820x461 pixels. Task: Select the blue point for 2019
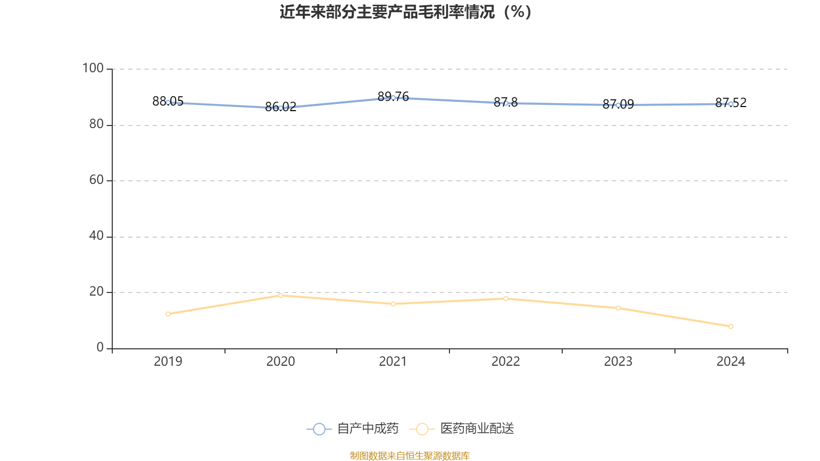pos(168,102)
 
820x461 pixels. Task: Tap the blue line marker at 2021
pos(393,97)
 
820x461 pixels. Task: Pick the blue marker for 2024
pos(731,104)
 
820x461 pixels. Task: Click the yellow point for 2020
pos(280,295)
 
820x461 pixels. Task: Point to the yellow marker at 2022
pos(506,299)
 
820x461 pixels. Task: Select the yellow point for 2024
pos(731,326)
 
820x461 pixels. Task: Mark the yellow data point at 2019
pos(168,314)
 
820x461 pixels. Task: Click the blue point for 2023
pos(618,105)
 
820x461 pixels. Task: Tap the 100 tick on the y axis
pos(93,68)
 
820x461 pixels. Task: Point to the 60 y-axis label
pos(96,180)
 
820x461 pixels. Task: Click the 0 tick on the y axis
pos(100,347)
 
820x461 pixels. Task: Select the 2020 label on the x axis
pos(280,362)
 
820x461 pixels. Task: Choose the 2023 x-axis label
pos(618,362)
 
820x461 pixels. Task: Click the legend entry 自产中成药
pos(367,429)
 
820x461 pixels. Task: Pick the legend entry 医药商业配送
pos(477,429)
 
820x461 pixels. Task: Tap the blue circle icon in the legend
pos(319,429)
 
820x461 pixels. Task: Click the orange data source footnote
pos(409,455)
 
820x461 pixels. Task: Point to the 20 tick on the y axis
pos(96,291)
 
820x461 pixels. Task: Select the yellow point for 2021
pos(393,304)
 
